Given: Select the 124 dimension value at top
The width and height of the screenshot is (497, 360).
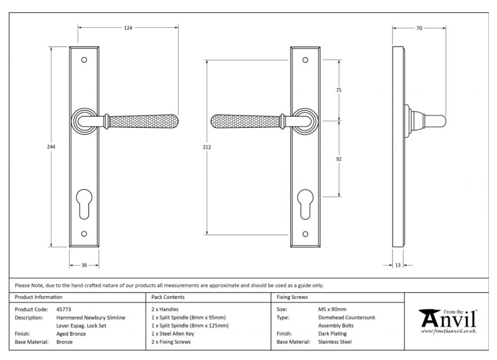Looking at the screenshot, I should (x=128, y=28).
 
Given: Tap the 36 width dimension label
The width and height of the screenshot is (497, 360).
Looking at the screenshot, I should (x=84, y=265).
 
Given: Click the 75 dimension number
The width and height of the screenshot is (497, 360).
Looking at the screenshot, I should (x=338, y=90).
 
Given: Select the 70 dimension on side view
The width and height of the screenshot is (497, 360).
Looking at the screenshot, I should (x=419, y=28).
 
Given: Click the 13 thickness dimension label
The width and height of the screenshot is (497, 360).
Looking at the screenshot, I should (x=398, y=265).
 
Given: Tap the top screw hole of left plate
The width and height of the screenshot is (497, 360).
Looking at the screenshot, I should (x=84, y=60).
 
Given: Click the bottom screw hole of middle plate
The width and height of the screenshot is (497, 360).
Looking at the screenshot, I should (x=305, y=234).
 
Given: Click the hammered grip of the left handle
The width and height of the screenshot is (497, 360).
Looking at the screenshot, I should (x=143, y=121).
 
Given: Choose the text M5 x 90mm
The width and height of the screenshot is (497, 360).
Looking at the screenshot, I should (x=332, y=309).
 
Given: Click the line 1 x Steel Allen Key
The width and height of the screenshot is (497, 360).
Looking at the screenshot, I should (x=173, y=334).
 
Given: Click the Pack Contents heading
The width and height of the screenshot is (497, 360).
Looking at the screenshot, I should (x=168, y=297).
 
